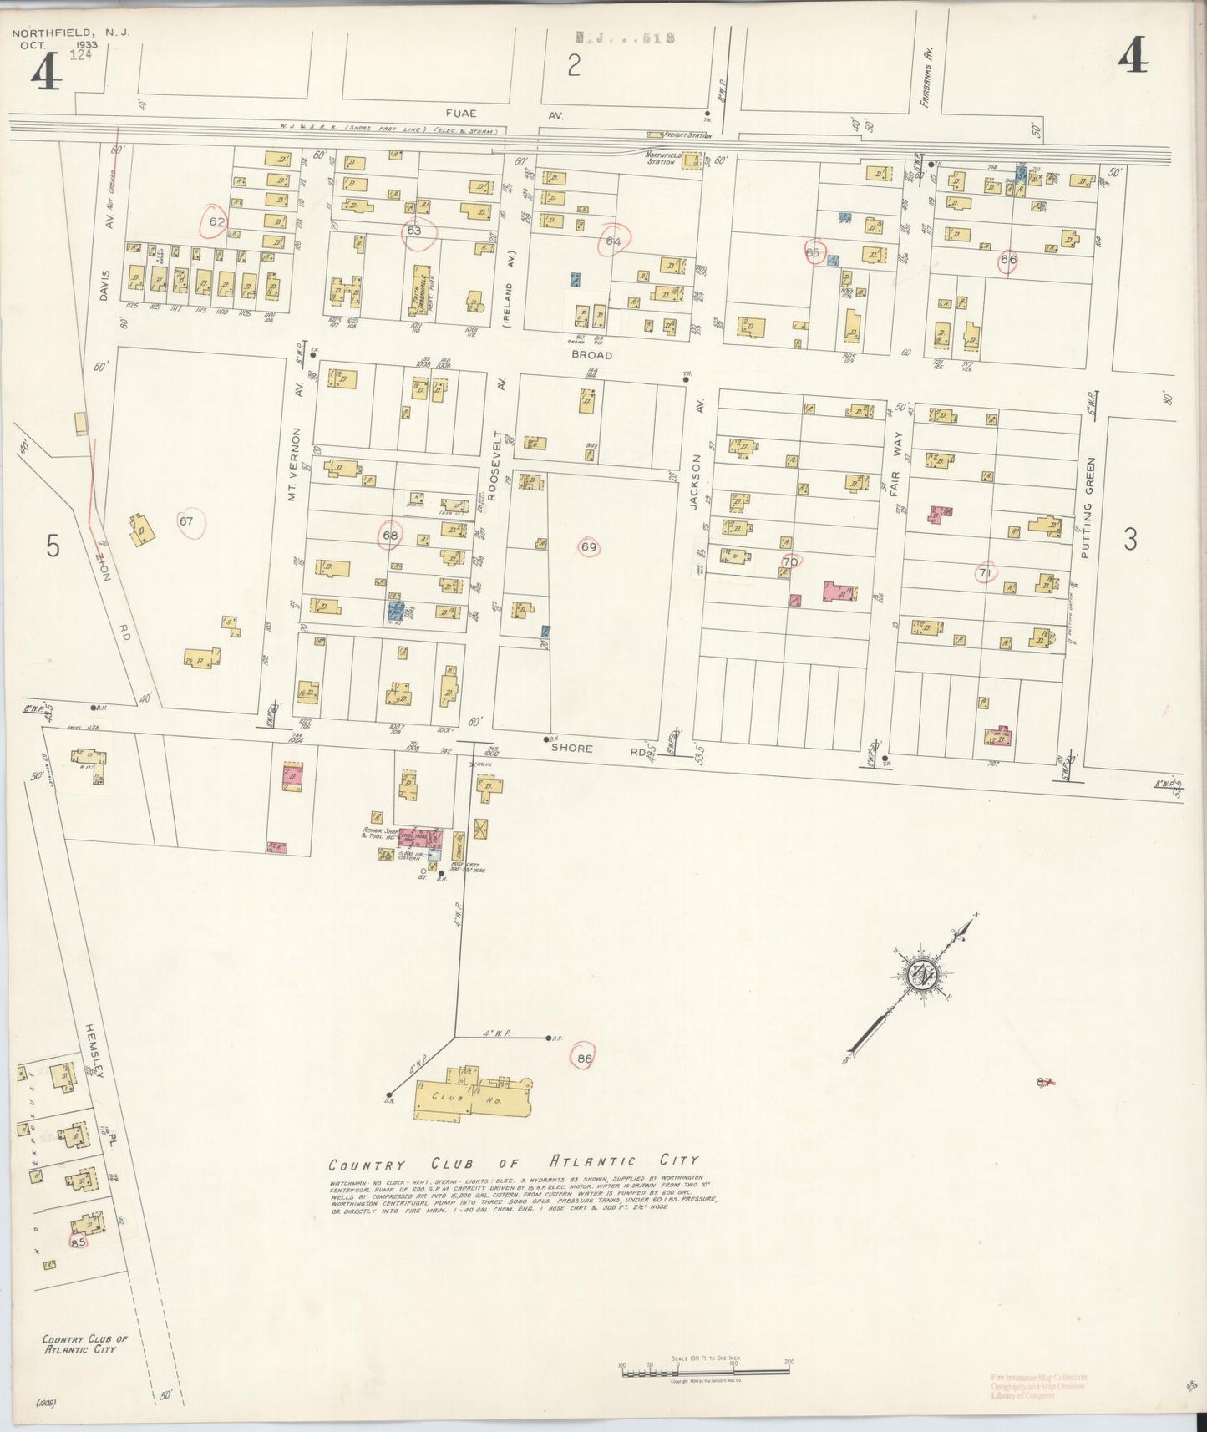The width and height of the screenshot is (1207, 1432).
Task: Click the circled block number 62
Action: tap(218, 221)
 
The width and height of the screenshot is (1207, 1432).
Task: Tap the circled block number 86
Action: tap(584, 1058)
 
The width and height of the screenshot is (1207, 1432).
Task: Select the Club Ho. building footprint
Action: tap(473, 1095)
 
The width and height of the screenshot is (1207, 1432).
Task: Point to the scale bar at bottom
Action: tap(706, 1369)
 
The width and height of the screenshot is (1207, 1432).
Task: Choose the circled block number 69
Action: tap(589, 547)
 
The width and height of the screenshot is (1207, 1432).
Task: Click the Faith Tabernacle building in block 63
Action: tap(422, 292)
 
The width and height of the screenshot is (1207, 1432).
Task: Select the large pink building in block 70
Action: tap(839, 592)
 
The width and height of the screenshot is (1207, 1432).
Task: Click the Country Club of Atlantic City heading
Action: tap(513, 1162)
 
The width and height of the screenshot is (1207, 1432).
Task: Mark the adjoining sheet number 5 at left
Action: tap(53, 547)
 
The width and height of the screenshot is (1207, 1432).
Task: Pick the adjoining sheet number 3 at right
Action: tap(1129, 541)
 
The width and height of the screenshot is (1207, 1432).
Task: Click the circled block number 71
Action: tap(986, 572)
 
